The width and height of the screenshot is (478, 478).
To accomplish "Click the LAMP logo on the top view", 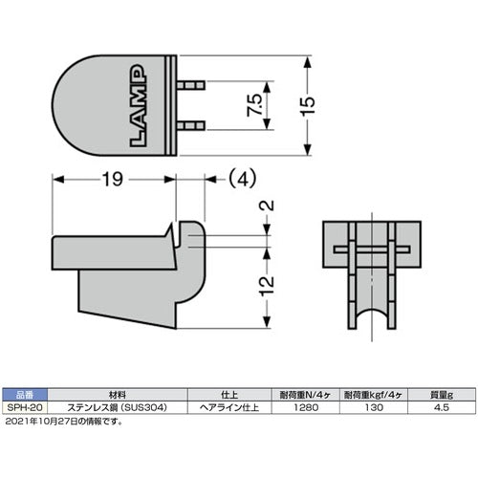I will [137, 105].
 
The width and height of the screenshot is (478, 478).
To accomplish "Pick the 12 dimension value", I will [267, 281].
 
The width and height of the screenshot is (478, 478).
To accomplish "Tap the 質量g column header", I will [442, 393].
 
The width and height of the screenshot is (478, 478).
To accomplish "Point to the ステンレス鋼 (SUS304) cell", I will [117, 405].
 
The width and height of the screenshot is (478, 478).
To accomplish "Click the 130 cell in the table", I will [375, 405].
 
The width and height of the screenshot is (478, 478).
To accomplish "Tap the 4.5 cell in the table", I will [442, 405].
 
